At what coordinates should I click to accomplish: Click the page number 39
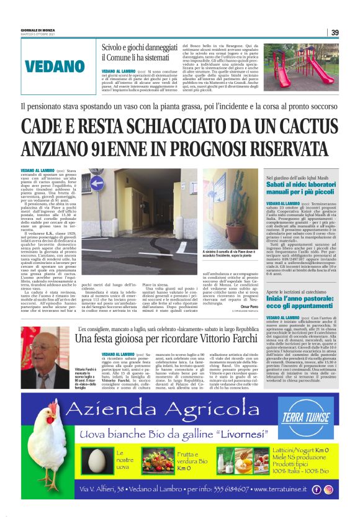coord(335,33)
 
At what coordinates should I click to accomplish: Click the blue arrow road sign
coord(96,183)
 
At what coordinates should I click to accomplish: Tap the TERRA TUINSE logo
coord(315,413)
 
